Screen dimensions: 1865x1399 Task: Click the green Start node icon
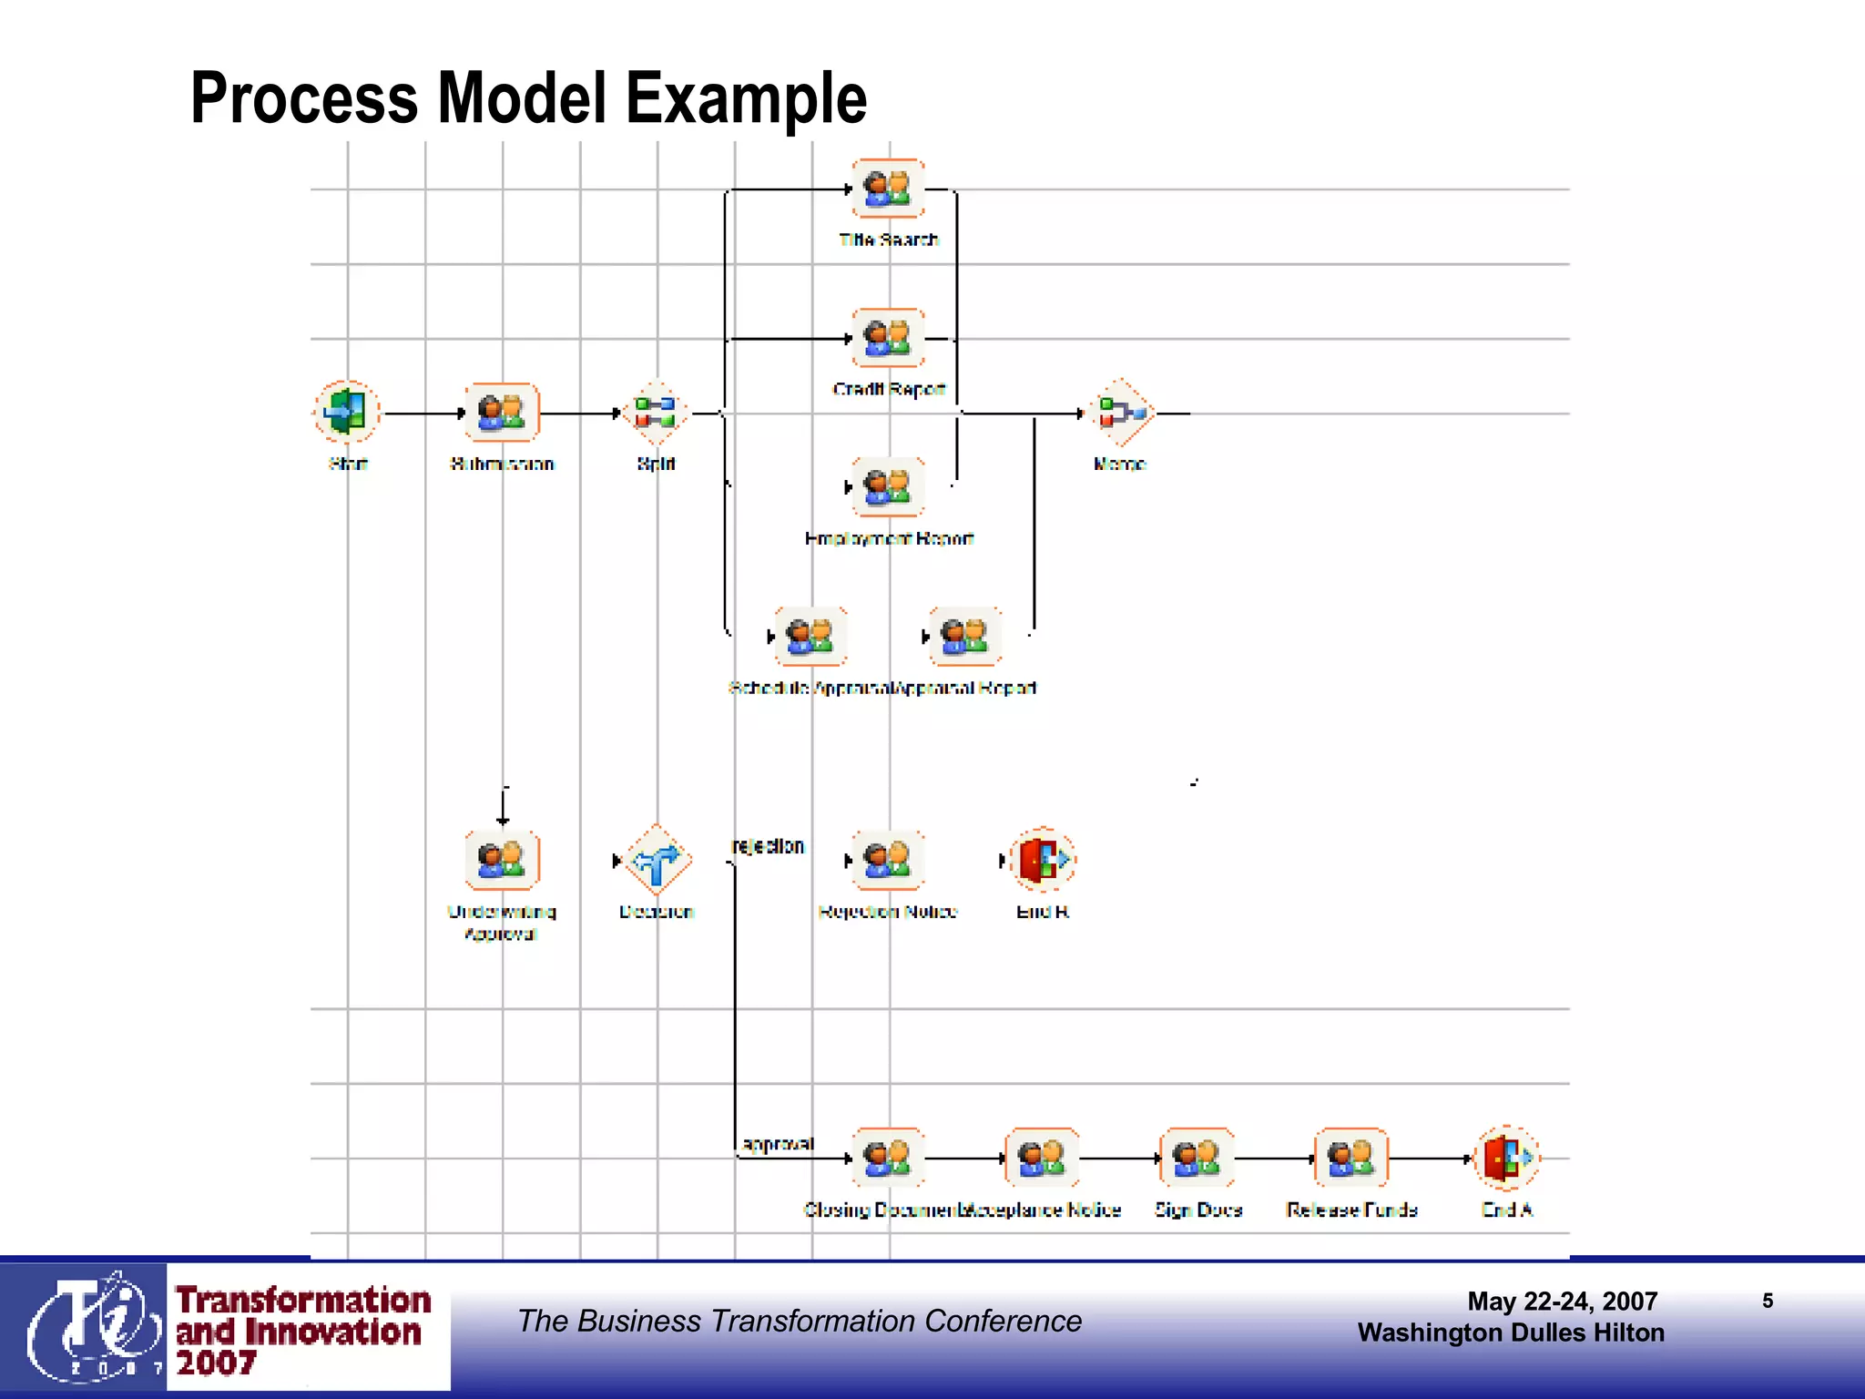(x=347, y=412)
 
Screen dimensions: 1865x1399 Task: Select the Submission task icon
(x=502, y=412)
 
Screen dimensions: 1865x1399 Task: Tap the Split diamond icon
(x=656, y=412)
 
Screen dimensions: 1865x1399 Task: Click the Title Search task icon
(x=888, y=189)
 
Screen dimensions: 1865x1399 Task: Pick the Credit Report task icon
(x=888, y=338)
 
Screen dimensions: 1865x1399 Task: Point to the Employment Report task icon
(x=888, y=487)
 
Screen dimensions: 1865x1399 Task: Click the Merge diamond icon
(x=1121, y=412)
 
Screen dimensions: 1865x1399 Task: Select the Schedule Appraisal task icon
(x=810, y=636)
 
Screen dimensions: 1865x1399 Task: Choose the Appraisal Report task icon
(x=965, y=636)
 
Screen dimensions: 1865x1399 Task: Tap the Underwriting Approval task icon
(x=502, y=859)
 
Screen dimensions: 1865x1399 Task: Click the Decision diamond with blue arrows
(x=657, y=859)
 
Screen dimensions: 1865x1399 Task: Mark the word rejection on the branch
(x=768, y=846)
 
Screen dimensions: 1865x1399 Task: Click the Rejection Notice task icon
(x=888, y=859)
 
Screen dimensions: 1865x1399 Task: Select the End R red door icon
(x=1043, y=859)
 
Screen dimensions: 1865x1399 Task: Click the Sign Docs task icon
(x=1197, y=1158)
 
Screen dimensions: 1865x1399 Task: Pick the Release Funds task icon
(x=1352, y=1158)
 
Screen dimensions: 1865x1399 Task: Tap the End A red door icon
(x=1507, y=1158)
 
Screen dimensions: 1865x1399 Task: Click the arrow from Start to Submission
(x=423, y=413)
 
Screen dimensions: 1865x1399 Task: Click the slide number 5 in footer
(x=1768, y=1301)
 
